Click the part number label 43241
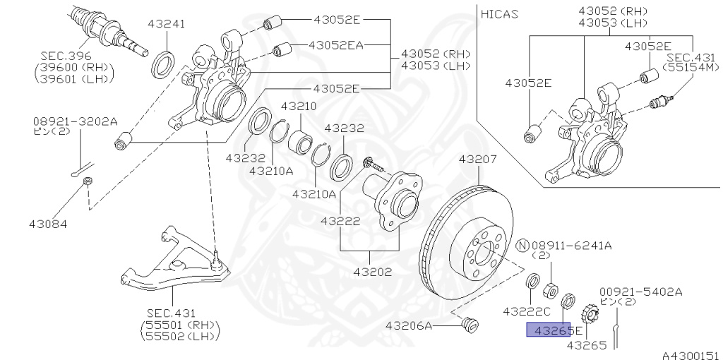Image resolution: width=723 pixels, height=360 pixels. coord(167,23)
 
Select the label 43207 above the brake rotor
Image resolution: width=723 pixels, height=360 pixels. coord(478,160)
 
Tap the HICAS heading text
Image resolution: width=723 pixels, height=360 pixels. coord(499,14)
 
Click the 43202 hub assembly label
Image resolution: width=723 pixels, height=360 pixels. coord(373,272)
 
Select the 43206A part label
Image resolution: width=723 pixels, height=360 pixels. coord(409,326)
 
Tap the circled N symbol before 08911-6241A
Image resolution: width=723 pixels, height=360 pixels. coord(522,245)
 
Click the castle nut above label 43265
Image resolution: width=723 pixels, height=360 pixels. coord(590,314)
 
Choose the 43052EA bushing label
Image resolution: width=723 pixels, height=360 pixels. coord(336,45)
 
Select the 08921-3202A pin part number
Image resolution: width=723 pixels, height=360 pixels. coord(75,121)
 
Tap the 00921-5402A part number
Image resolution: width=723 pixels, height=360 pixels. coord(641,292)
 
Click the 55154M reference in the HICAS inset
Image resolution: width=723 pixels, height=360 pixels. coord(691,67)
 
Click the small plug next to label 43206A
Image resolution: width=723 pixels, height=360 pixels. coord(470,324)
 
